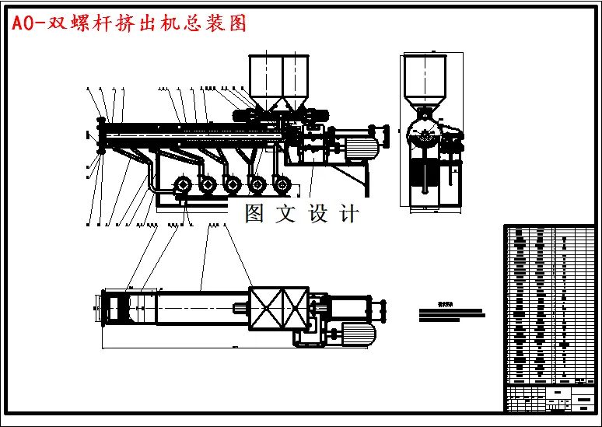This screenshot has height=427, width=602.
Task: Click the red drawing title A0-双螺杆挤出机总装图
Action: click(128, 24)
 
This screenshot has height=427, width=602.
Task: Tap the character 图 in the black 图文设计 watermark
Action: click(255, 213)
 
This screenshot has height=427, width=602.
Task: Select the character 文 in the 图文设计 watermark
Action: click(286, 213)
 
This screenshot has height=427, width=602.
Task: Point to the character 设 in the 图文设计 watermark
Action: click(318, 213)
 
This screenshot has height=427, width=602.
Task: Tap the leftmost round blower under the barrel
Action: click(184, 185)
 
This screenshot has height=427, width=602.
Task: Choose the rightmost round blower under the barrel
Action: click(282, 185)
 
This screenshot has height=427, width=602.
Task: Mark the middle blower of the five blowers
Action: click(233, 185)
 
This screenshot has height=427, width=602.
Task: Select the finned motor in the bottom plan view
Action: click(356, 334)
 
